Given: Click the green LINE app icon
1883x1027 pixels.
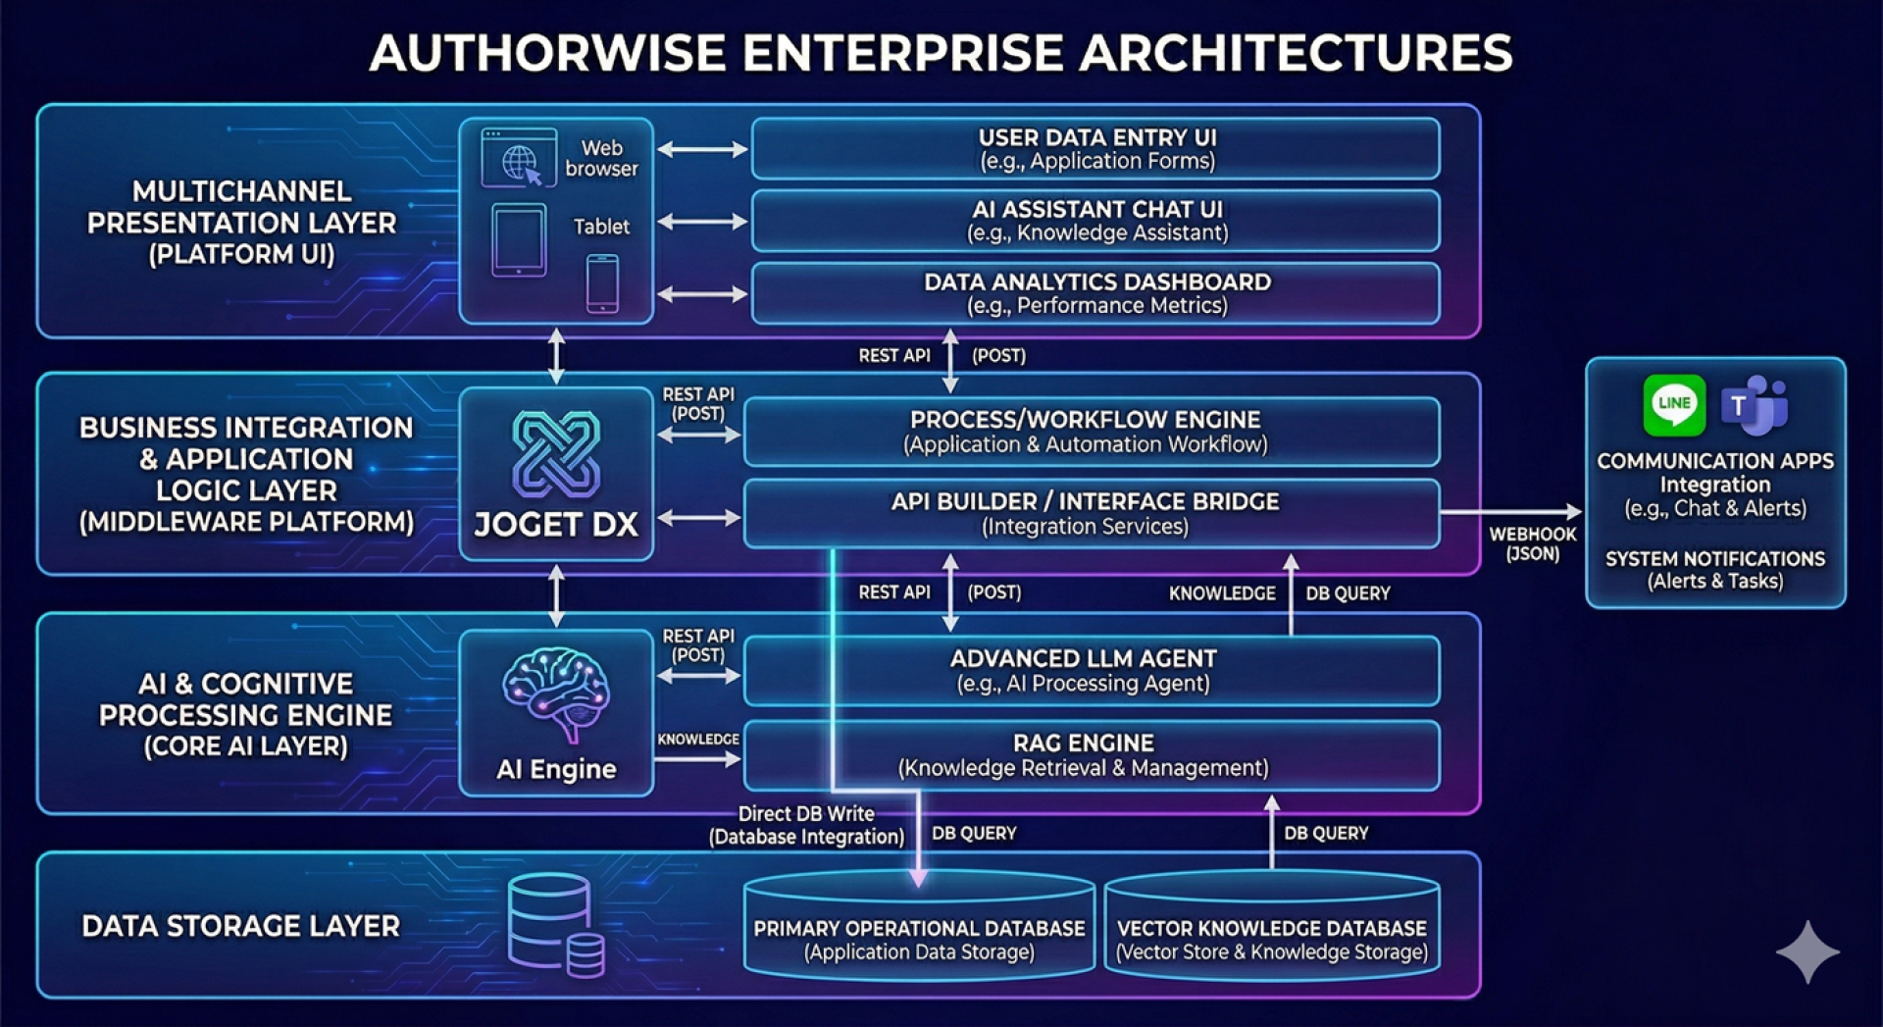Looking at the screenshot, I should [1674, 404].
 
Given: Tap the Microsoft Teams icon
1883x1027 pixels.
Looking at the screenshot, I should [1756, 404].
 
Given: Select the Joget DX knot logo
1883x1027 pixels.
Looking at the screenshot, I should [556, 454].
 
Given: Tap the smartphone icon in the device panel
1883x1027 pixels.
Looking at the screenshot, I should [602, 283].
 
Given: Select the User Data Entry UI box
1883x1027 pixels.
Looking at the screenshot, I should [1095, 149].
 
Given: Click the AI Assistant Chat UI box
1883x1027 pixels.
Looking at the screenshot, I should [1095, 221].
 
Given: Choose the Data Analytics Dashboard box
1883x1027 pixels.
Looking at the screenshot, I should [1095, 293].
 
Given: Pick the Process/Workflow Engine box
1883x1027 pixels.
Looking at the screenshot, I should [1091, 432].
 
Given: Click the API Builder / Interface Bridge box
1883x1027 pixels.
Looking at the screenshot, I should [1091, 513].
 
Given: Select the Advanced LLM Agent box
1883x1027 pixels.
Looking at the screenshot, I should [1091, 671].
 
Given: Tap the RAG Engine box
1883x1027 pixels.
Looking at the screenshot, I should [1091, 755].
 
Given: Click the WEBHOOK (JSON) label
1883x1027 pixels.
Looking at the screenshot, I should [1532, 543].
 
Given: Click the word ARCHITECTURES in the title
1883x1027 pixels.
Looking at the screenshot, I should [1296, 53].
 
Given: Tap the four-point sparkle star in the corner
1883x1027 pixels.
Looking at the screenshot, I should [1807, 951].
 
